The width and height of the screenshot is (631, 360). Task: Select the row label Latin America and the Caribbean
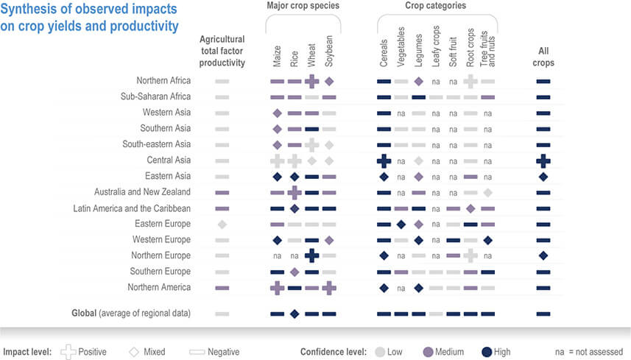pos(132,208)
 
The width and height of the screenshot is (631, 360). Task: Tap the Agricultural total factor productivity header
pos(222,52)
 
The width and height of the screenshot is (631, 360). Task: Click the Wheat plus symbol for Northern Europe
pos(311,255)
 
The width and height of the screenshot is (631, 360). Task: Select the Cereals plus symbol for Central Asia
pos(384,160)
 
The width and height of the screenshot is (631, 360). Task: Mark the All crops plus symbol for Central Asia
pos(543,160)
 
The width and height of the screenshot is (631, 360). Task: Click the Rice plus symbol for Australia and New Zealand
pos(294,192)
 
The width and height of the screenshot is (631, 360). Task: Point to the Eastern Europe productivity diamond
pos(222,224)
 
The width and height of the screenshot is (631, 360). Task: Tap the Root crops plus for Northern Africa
pos(470,81)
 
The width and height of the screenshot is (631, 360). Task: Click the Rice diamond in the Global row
pos(294,314)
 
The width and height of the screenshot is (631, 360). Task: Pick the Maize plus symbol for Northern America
pos(277,287)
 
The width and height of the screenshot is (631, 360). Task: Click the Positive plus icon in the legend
pos(68,352)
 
